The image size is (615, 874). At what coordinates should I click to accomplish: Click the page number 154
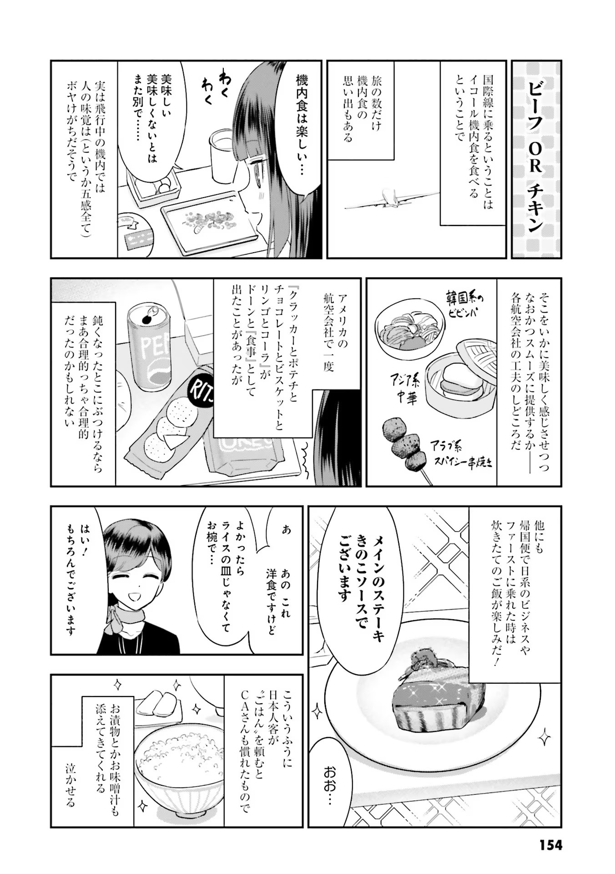[x=551, y=845]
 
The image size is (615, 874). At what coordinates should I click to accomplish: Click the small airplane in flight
[x=392, y=198]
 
